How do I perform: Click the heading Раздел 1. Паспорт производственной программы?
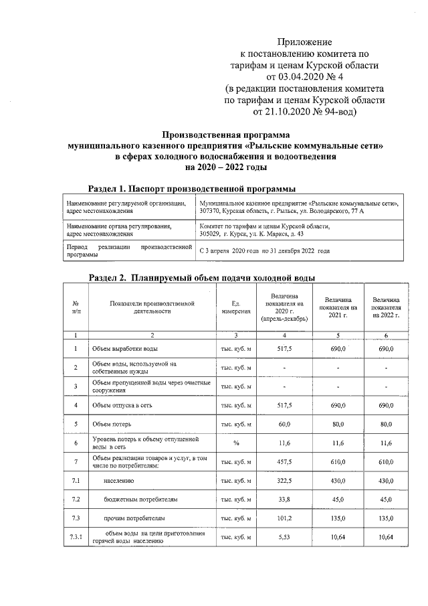point(193,189)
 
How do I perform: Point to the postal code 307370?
point(211,212)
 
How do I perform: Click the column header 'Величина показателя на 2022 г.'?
point(387,307)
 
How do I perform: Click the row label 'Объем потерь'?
point(109,424)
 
